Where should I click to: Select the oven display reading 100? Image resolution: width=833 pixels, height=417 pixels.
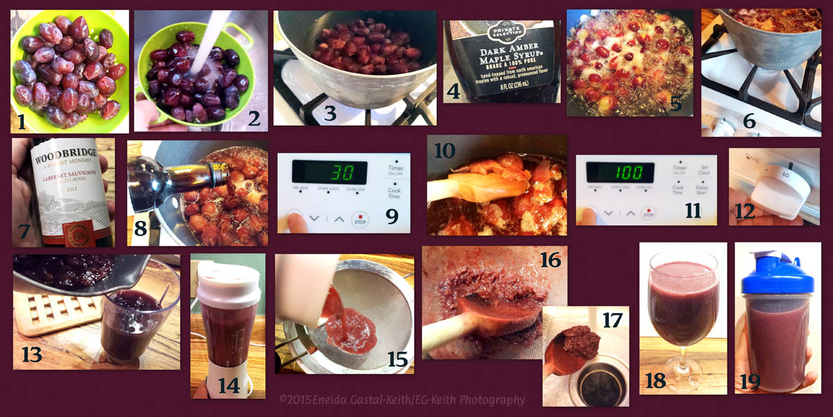pos(620,172)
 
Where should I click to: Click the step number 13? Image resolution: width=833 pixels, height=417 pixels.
pos(31,354)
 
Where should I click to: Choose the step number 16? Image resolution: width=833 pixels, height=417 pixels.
pos(550,260)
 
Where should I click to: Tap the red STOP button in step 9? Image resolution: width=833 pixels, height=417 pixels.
pos(360,218)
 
